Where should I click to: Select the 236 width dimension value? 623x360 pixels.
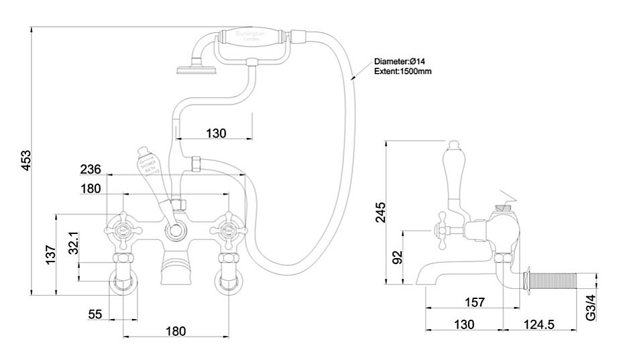tap(91, 169)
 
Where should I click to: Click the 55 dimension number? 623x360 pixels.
tap(96, 314)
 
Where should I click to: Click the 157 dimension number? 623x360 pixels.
tap(474, 302)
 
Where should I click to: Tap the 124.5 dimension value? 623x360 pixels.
tap(540, 324)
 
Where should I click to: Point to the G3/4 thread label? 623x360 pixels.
tap(591, 306)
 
